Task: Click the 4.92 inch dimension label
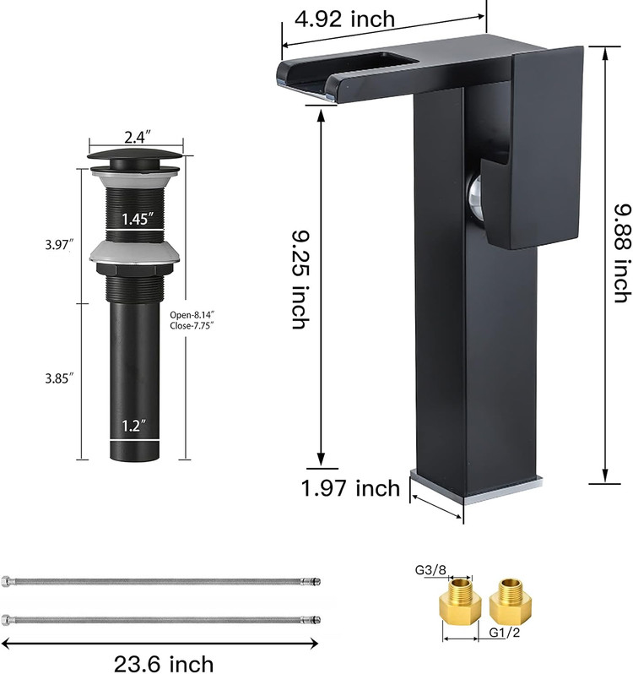click(x=344, y=19)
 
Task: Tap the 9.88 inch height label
click(x=622, y=253)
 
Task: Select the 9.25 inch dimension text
click(x=300, y=280)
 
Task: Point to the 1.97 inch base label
click(x=350, y=488)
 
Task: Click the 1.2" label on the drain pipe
click(x=134, y=427)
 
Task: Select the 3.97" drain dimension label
click(x=60, y=245)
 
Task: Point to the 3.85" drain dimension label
click(x=60, y=378)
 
